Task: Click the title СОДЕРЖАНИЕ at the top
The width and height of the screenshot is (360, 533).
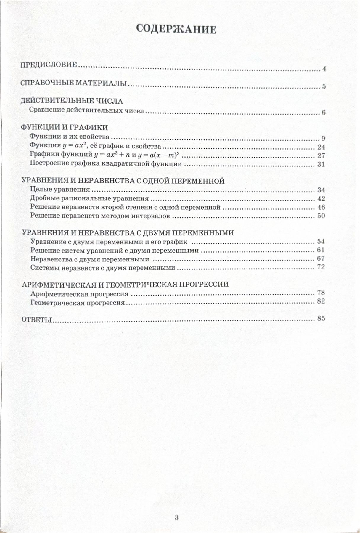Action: click(176, 29)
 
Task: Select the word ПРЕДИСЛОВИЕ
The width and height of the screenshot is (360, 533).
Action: click(49, 65)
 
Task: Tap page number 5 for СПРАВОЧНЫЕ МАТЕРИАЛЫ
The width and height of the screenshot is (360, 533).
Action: click(324, 87)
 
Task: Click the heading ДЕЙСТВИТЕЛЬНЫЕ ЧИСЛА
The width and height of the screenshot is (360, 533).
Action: click(72, 101)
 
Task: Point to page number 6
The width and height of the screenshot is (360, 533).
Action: click(323, 113)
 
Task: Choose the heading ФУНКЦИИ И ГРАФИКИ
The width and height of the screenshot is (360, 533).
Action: click(64, 128)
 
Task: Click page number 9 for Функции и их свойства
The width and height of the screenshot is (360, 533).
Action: click(323, 139)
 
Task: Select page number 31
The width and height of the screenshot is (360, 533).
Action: click(321, 164)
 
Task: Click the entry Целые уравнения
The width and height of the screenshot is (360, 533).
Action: click(60, 190)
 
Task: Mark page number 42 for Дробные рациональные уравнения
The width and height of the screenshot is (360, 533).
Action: click(321, 199)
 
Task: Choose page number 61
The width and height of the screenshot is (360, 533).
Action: click(321, 250)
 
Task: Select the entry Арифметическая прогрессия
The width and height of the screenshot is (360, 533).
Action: click(79, 294)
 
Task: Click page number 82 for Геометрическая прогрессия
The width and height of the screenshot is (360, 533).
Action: click(321, 301)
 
